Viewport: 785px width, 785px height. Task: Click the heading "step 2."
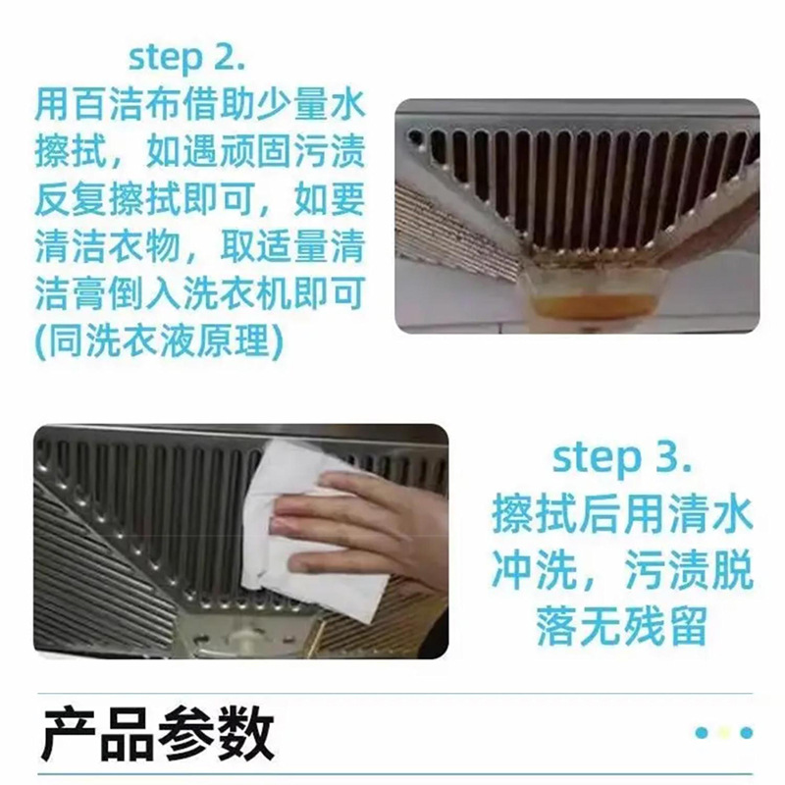(187, 59)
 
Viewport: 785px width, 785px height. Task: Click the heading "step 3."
(622, 458)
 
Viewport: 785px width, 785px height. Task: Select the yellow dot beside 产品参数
(724, 732)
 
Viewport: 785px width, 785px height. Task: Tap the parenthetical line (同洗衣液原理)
(159, 341)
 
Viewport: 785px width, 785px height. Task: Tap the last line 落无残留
(622, 626)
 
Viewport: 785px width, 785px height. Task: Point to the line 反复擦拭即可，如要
(199, 199)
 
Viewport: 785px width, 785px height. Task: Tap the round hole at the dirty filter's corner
(414, 136)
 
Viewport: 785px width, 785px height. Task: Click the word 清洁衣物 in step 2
(108, 246)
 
